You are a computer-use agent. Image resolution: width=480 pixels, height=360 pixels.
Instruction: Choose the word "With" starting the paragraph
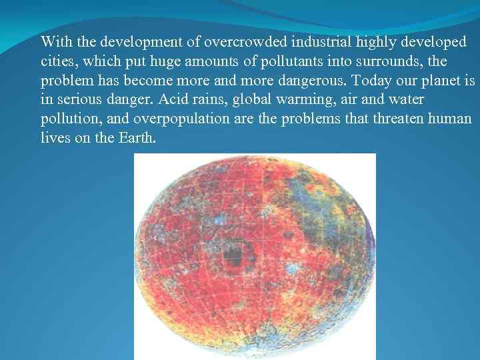(57, 42)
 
